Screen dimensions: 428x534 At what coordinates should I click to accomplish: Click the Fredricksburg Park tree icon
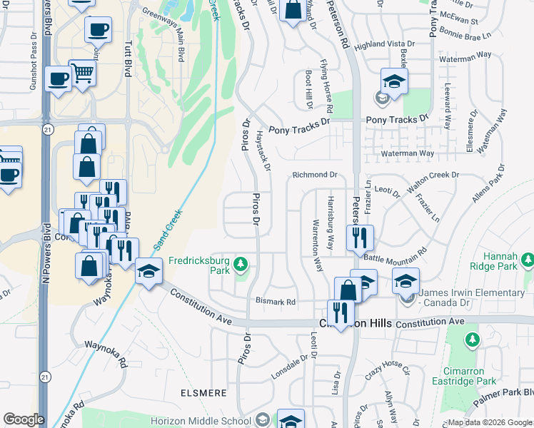point(241,265)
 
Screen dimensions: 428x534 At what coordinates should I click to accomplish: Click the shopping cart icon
point(84,71)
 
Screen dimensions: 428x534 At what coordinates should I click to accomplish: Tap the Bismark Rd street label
point(276,302)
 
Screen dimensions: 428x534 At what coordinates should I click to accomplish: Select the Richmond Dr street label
point(314,174)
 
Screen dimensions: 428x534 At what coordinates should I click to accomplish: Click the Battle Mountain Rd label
point(395,255)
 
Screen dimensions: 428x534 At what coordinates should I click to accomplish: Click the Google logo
point(24,419)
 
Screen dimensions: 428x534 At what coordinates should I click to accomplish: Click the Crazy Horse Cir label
point(387,368)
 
